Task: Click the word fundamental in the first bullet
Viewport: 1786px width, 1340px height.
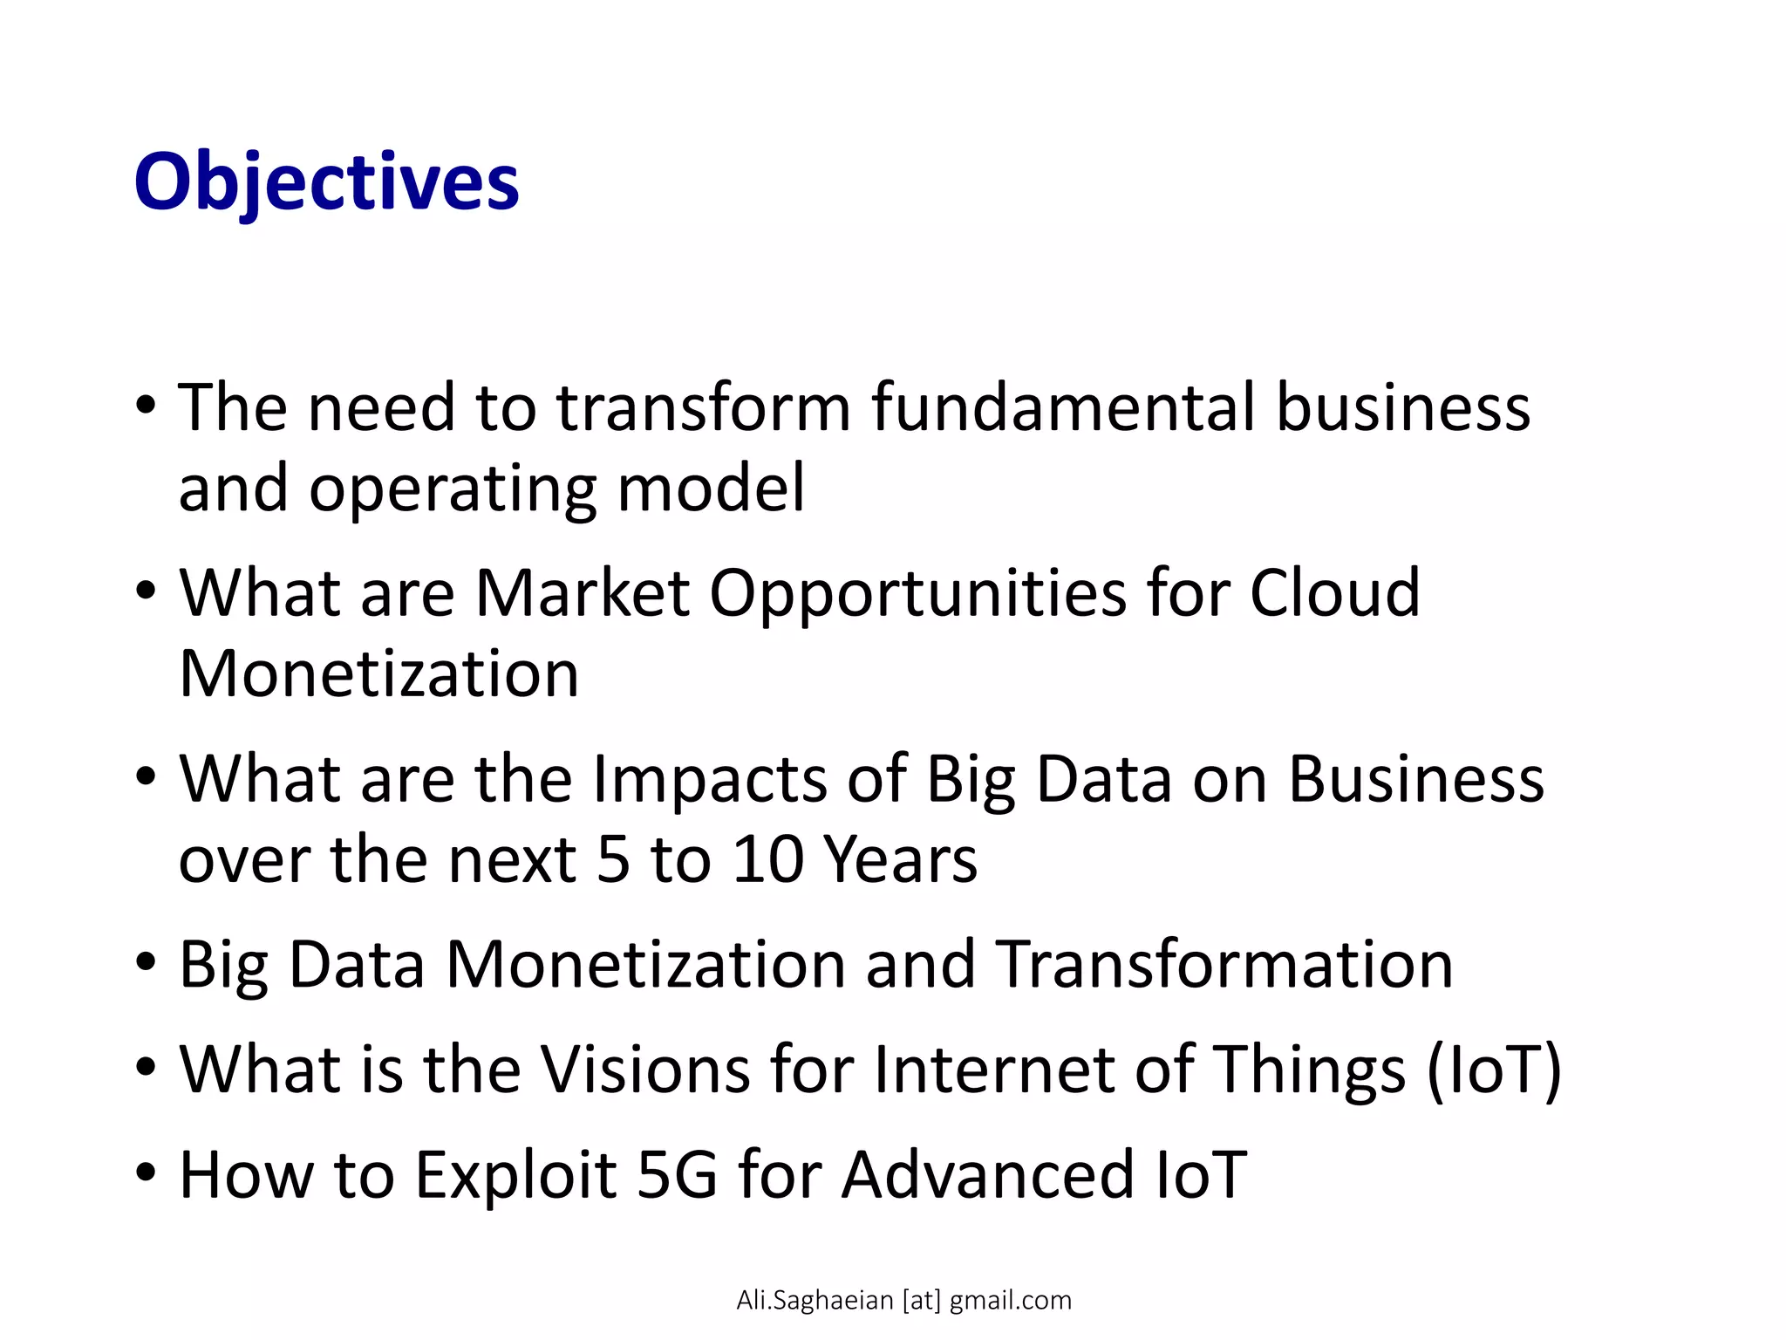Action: [1062, 407]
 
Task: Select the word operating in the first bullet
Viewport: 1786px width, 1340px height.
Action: [453, 489]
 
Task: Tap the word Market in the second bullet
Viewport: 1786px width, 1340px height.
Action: [582, 593]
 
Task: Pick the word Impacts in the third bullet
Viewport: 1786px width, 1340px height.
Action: [709, 779]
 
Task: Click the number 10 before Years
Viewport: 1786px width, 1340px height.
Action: [767, 859]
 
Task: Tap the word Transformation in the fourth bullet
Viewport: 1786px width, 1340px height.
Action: [1224, 965]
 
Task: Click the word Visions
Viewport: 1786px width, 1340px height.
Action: [644, 1070]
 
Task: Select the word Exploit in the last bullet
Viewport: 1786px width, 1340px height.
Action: [515, 1176]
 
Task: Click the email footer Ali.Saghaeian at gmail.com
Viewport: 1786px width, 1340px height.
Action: [903, 1300]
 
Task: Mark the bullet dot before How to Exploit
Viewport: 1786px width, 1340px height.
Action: [147, 1171]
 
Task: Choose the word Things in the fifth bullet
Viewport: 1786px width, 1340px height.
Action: [1310, 1071]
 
